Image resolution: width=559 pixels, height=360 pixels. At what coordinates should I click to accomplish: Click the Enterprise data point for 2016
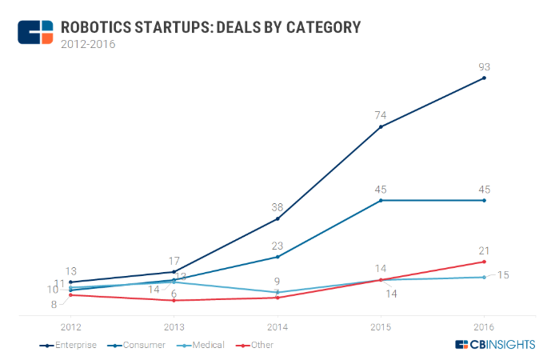pyautogui.click(x=484, y=78)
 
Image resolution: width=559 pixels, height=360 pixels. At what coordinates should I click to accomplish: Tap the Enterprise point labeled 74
pyautogui.click(x=381, y=126)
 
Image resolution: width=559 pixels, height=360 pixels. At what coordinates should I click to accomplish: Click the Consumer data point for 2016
pyautogui.click(x=484, y=200)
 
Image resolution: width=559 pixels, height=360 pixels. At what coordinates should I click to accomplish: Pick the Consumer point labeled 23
pyautogui.click(x=278, y=257)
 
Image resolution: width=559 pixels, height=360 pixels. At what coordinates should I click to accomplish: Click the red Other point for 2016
pyautogui.click(x=484, y=262)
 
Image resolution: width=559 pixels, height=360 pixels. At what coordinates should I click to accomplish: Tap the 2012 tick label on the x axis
pyautogui.click(x=71, y=326)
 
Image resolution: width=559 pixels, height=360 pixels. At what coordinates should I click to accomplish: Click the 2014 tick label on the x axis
pyautogui.click(x=278, y=326)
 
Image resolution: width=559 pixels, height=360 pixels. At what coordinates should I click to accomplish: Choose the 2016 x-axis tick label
pyautogui.click(x=484, y=326)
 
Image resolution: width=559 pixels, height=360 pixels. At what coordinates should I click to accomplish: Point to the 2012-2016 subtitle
pyautogui.click(x=88, y=45)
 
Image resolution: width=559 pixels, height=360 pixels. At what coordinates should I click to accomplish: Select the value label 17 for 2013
pyautogui.click(x=174, y=260)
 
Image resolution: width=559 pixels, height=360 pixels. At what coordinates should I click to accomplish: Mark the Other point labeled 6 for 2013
pyautogui.click(x=174, y=300)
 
